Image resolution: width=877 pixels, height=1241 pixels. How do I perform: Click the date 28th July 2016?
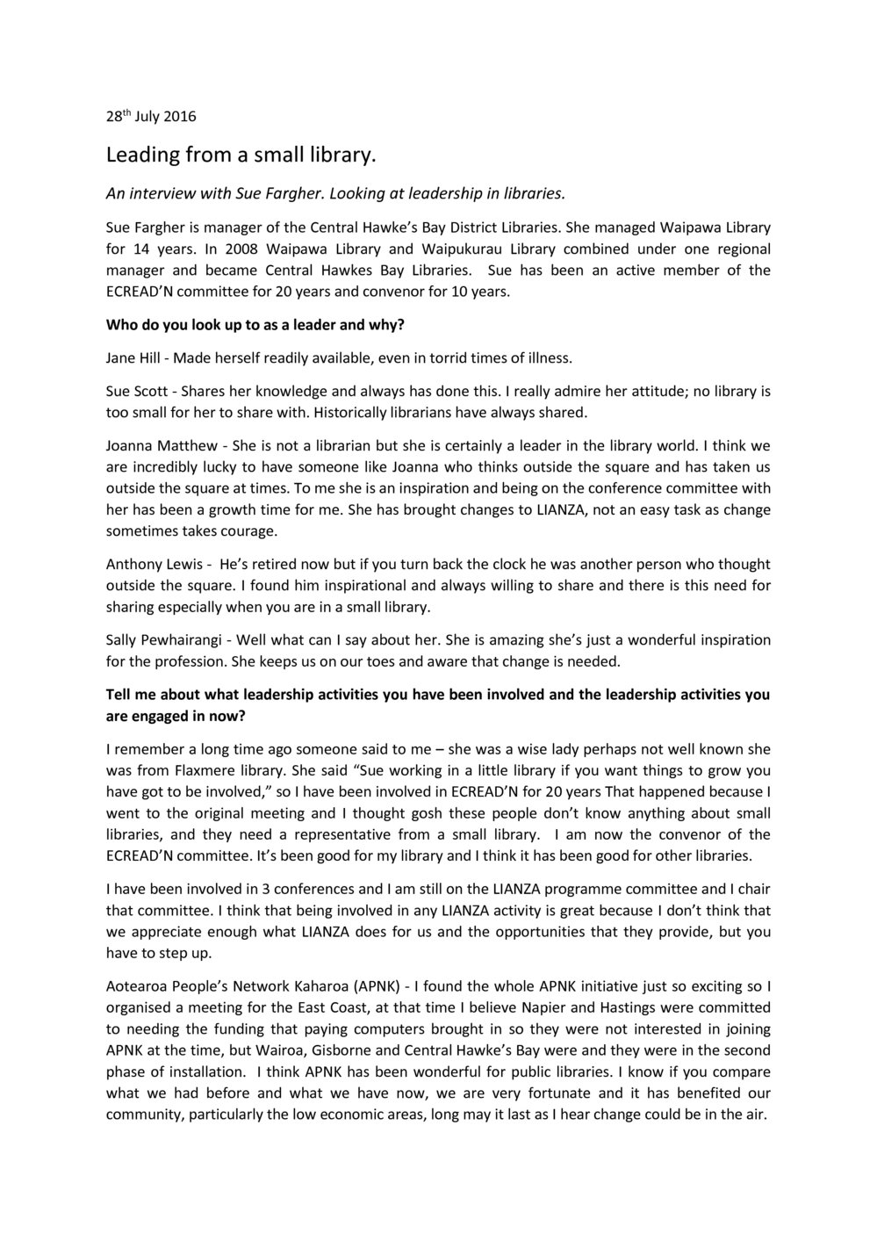pos(151,117)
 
